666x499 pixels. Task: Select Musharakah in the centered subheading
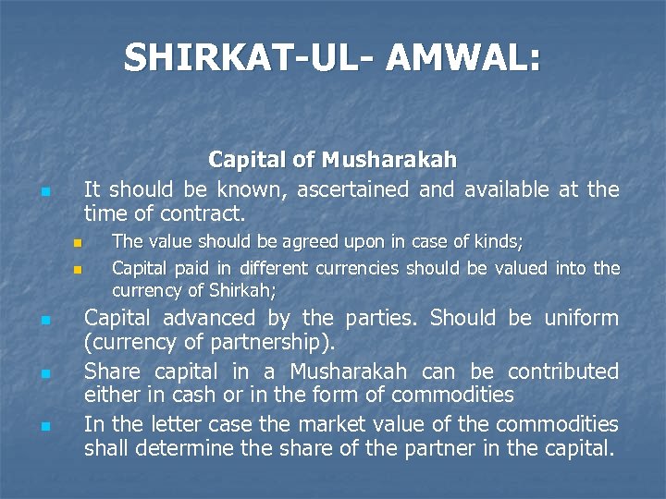tap(388, 160)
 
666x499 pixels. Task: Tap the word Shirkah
tap(241, 289)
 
